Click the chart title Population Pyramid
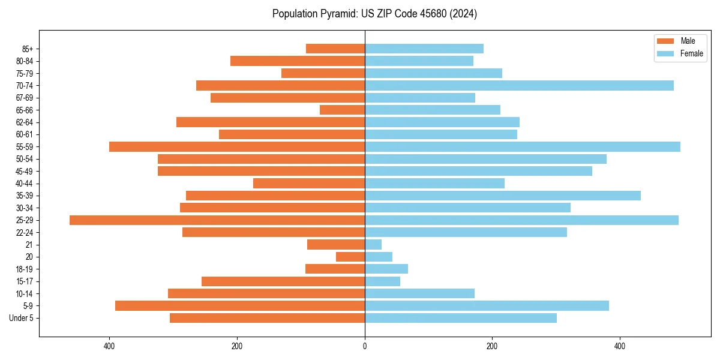(x=374, y=14)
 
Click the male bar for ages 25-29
(x=217, y=220)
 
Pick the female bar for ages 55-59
(x=522, y=146)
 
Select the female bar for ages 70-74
(x=519, y=85)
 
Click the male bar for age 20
(x=350, y=257)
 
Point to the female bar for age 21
(x=373, y=244)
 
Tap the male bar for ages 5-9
(x=240, y=305)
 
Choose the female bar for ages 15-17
(x=382, y=281)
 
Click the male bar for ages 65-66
(x=342, y=110)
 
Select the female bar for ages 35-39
(x=503, y=196)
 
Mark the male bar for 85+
(x=335, y=49)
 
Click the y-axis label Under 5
(x=21, y=318)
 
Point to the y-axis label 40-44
(x=25, y=184)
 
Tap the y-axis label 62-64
(x=25, y=122)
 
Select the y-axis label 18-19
(x=25, y=269)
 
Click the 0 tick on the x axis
(x=365, y=346)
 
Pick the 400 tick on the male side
(x=109, y=346)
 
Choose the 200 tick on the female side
(x=492, y=346)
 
